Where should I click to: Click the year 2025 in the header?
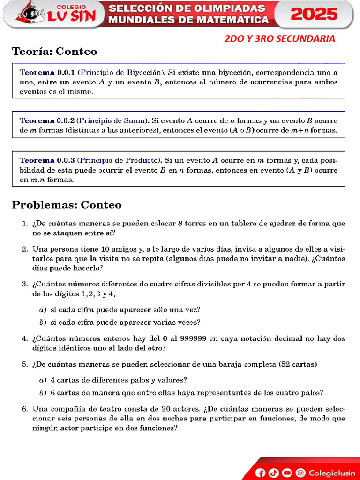tap(314, 14)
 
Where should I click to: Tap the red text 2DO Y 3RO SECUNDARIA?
tap(279, 39)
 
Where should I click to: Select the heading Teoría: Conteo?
tap(54, 52)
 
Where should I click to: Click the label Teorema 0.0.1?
tap(47, 73)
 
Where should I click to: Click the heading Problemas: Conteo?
tap(67, 205)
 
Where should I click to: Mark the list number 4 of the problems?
tap(25, 338)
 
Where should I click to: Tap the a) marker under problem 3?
tap(42, 310)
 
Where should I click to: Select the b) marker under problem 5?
tap(42, 393)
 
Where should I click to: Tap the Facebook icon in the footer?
tap(261, 473)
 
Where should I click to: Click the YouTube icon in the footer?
tap(287, 473)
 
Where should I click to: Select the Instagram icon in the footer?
tap(300, 473)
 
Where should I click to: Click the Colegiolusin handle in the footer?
tap(332, 473)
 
